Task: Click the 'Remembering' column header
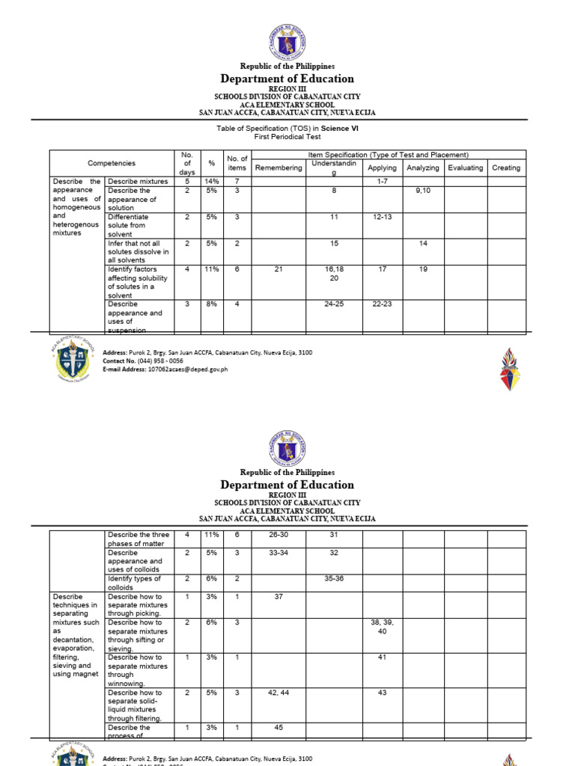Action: click(x=279, y=168)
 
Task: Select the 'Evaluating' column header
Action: click(x=465, y=168)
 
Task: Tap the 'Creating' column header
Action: click(x=506, y=168)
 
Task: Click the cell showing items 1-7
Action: click(x=383, y=182)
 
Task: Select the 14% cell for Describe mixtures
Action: click(x=212, y=182)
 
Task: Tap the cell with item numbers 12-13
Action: click(x=383, y=217)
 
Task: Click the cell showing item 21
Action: click(x=279, y=269)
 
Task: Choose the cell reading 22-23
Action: click(x=383, y=304)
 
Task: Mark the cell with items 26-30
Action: click(x=279, y=535)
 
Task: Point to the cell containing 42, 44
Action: click(x=279, y=693)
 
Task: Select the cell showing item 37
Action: click(x=279, y=596)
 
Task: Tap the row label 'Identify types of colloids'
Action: click(x=136, y=583)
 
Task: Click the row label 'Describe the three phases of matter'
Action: click(x=139, y=539)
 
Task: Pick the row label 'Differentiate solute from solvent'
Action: click(x=128, y=225)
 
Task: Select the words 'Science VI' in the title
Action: click(x=340, y=129)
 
